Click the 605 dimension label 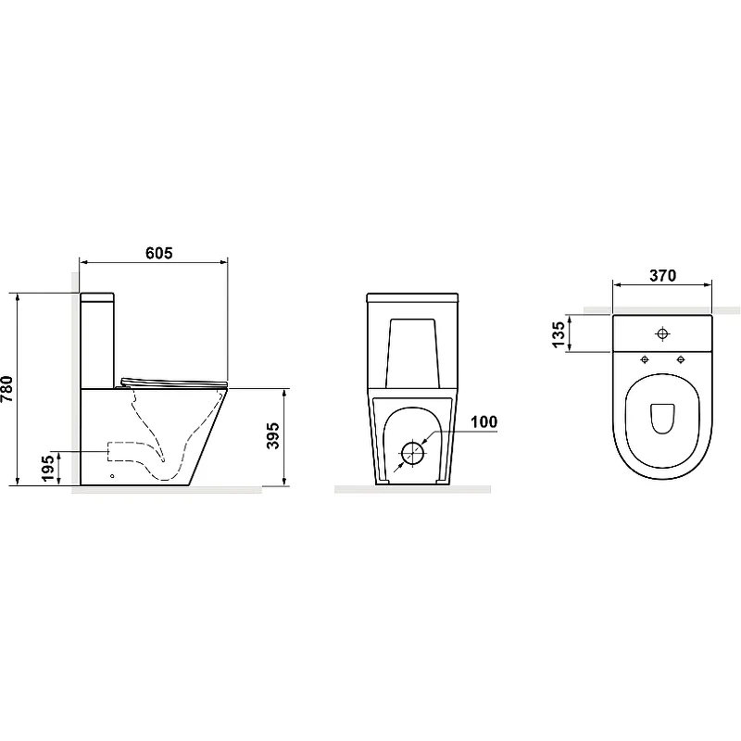(x=158, y=253)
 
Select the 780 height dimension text (x=7, y=389)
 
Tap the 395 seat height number (x=272, y=435)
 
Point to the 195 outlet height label (x=49, y=469)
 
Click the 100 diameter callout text (x=484, y=421)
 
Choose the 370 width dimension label (x=662, y=275)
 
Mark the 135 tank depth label (x=559, y=334)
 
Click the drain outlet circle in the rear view (x=413, y=453)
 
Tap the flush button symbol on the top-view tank (x=662, y=333)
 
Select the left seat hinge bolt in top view (x=645, y=360)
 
